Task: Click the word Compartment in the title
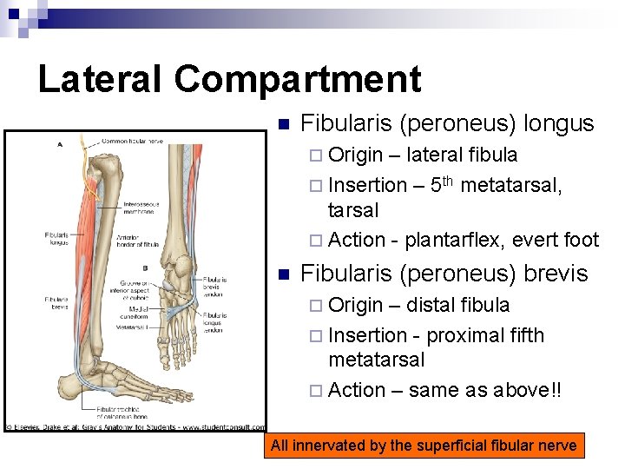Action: click(x=297, y=79)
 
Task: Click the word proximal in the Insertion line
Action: click(x=468, y=335)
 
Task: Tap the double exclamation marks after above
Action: click(x=556, y=390)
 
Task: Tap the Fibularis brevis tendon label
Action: click(x=214, y=286)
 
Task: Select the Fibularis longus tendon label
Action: click(x=214, y=324)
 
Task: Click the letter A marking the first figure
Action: click(x=59, y=144)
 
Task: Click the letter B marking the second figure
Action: click(x=144, y=268)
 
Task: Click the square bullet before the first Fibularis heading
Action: click(x=280, y=124)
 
